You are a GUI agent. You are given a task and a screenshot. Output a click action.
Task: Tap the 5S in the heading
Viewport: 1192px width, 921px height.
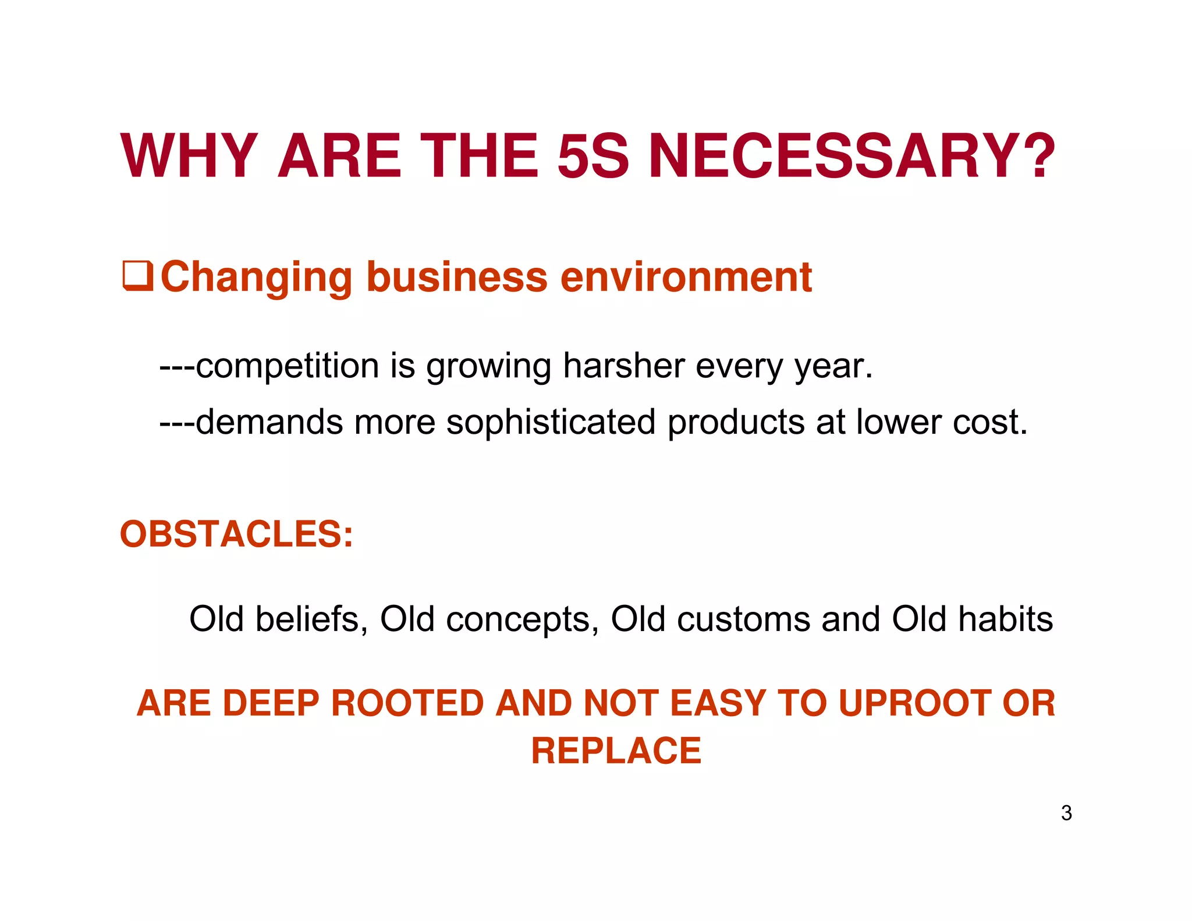pos(593,156)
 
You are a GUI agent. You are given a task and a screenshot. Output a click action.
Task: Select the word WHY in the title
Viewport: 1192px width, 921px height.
pos(189,156)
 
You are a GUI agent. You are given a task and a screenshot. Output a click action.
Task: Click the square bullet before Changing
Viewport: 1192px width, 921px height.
pos(137,277)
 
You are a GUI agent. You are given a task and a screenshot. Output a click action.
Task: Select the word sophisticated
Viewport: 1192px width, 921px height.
pos(551,422)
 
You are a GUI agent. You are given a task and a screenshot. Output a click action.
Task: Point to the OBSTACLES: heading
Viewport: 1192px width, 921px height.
pos(236,534)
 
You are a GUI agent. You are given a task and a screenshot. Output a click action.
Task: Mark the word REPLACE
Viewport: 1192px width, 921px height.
pos(616,750)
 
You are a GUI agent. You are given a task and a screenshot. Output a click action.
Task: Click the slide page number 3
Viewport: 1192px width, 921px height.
pos(1066,813)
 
